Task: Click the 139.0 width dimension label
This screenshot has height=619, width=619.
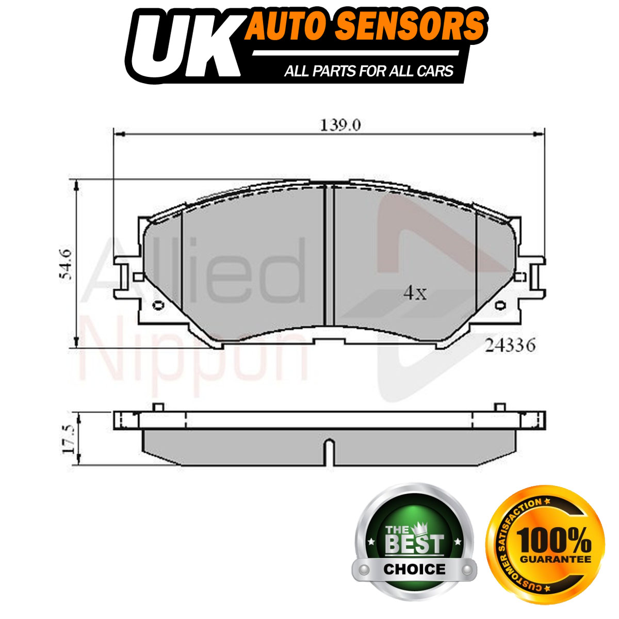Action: [340, 125]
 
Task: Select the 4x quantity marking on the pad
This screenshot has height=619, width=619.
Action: [415, 293]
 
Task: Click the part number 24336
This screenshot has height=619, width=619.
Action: [510, 346]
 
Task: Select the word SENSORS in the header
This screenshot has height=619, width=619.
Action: [412, 26]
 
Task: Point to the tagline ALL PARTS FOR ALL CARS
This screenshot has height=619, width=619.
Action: [369, 71]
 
